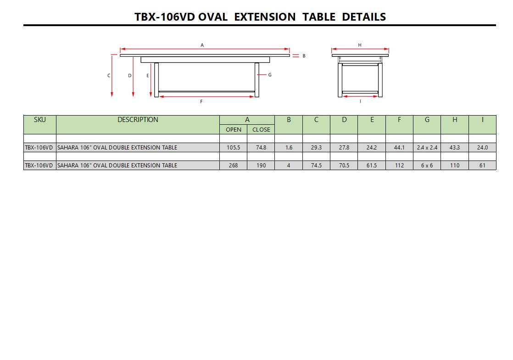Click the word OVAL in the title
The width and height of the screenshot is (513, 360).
click(213, 17)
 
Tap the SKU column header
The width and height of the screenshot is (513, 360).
click(40, 120)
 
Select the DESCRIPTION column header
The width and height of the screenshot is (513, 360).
click(138, 120)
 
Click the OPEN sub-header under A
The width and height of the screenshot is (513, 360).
click(234, 129)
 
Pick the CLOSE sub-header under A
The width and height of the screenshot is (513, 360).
click(261, 129)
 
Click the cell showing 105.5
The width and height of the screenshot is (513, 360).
click(234, 148)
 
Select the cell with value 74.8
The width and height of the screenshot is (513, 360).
click(261, 148)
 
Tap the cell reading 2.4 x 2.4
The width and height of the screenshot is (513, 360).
click(427, 148)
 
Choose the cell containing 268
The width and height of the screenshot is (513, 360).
click(234, 165)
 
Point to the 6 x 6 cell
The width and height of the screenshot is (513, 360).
click(427, 165)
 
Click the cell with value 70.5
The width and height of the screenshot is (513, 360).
click(344, 165)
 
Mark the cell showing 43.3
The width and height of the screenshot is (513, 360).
click(455, 148)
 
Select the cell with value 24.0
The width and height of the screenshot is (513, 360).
click(482, 148)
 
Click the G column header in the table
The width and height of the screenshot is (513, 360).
click(427, 120)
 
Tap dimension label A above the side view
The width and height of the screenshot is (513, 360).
click(202, 45)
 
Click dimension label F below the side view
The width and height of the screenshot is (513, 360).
click(201, 102)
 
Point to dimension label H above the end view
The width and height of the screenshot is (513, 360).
click(360, 45)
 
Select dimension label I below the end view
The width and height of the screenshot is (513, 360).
click(360, 101)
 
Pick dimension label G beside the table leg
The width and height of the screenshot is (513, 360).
click(270, 75)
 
